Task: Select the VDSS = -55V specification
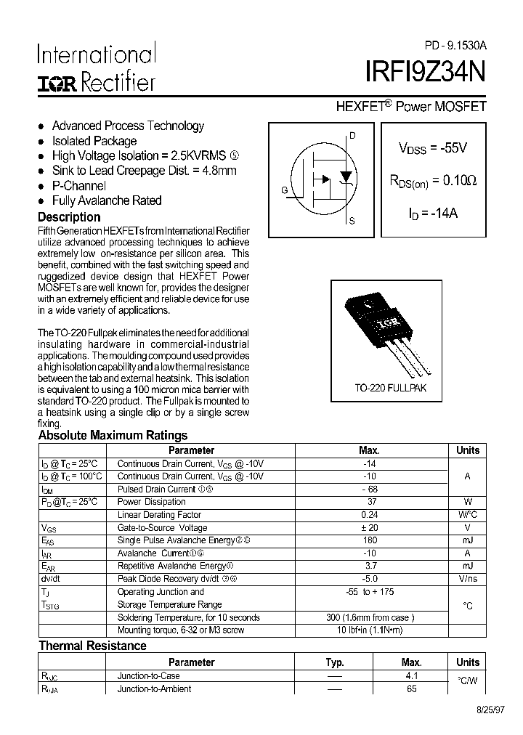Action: click(432, 147)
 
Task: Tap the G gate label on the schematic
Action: click(285, 190)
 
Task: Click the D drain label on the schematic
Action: click(352, 136)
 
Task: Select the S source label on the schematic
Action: click(352, 221)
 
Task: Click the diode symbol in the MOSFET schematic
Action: click(346, 176)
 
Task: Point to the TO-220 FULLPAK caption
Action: click(390, 389)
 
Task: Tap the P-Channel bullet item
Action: click(80, 186)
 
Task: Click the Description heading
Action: click(69, 217)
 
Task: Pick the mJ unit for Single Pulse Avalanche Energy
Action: click(467, 540)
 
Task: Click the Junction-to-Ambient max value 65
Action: click(411, 689)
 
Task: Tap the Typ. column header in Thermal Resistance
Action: click(334, 662)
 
